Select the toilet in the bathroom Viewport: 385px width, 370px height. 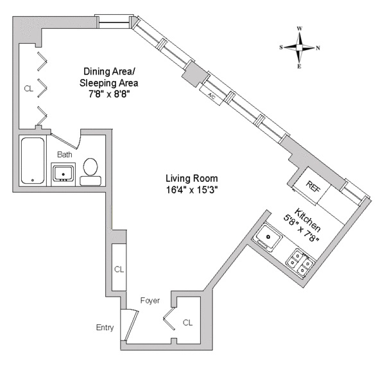tap(90, 170)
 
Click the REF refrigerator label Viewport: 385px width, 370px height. tap(313, 186)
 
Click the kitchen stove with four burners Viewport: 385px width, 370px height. tap(300, 261)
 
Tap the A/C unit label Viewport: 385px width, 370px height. tap(212, 94)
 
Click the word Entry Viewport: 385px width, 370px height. tap(105, 328)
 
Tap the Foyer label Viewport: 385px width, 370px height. tap(150, 300)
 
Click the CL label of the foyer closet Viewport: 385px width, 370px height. tap(187, 322)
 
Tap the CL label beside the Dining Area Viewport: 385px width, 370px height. tap(28, 88)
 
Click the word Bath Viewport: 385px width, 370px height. tap(64, 154)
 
